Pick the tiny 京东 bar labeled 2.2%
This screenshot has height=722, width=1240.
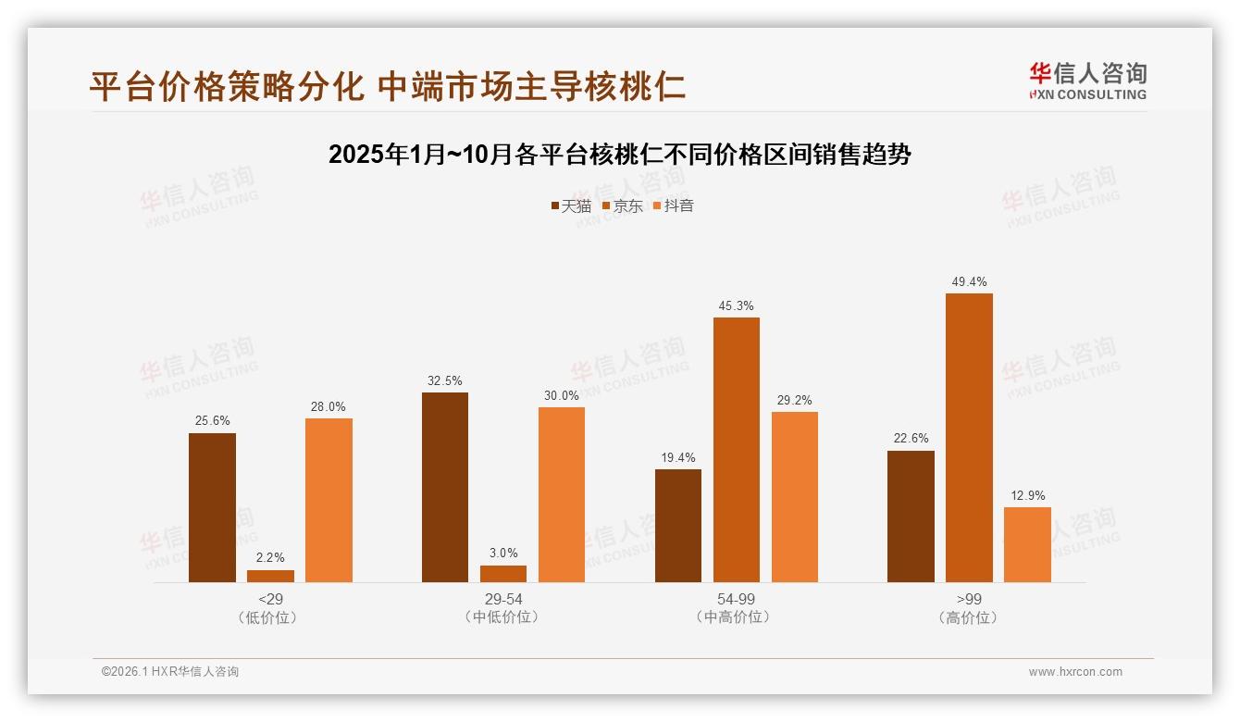270,576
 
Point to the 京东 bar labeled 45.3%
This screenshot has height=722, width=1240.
737,450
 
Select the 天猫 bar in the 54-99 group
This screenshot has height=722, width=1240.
678,526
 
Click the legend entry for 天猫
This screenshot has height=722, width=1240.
571,205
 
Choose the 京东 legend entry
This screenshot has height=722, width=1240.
623,205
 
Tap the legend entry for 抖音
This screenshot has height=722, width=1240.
674,205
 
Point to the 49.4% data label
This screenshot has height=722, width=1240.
969,281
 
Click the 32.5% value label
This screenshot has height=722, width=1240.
445,380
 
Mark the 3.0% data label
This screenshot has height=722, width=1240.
503,553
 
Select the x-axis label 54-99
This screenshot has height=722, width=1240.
736,599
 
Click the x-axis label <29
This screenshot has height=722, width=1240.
270,599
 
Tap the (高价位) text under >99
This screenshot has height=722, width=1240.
969,617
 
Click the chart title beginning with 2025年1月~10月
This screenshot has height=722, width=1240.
620,155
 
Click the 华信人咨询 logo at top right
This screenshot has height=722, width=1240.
1088,81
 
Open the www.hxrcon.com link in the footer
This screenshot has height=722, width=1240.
1075,672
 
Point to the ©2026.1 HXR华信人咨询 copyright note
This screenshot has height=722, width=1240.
170,672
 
